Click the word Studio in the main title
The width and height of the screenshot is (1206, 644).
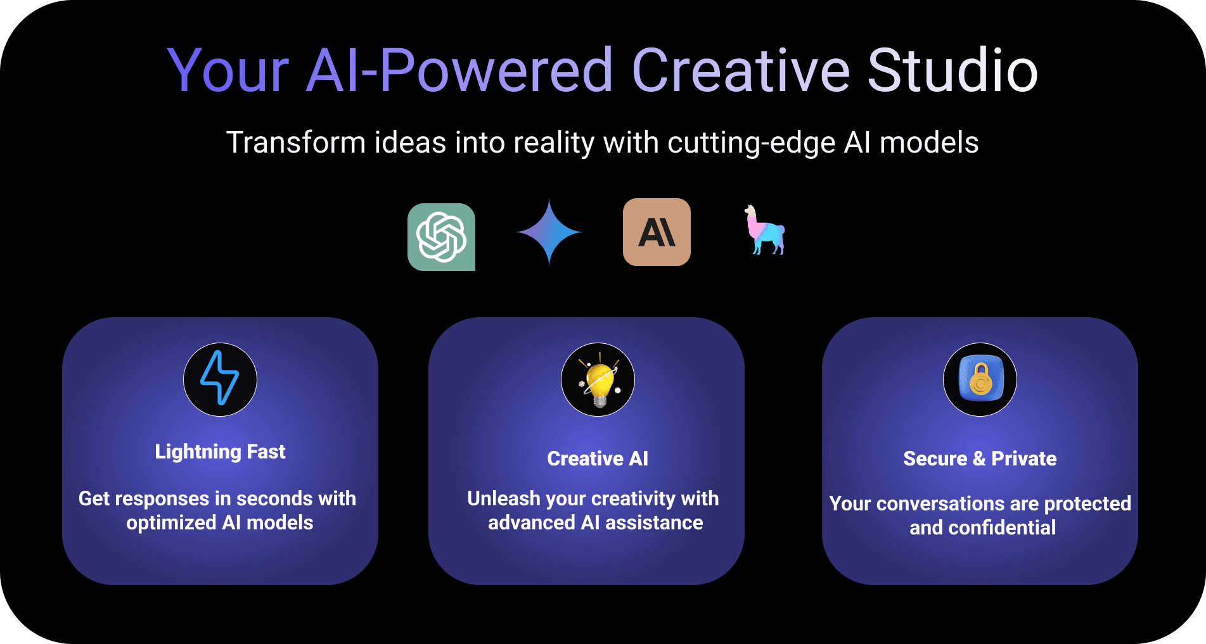(x=953, y=70)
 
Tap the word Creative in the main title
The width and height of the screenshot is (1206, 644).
(x=741, y=70)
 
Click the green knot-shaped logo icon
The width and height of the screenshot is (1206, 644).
(x=441, y=237)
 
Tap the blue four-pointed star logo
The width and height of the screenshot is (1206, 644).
(x=549, y=232)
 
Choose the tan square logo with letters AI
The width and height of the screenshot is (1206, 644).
(x=657, y=232)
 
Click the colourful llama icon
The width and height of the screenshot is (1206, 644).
(x=765, y=230)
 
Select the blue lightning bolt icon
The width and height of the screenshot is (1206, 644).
(x=220, y=379)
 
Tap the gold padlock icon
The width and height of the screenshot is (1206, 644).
(x=980, y=379)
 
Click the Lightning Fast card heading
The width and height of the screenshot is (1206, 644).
(x=220, y=452)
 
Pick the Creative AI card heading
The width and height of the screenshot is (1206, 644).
(x=598, y=458)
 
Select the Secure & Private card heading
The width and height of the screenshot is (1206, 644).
(x=980, y=458)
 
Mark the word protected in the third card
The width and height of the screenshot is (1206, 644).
(x=1087, y=504)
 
